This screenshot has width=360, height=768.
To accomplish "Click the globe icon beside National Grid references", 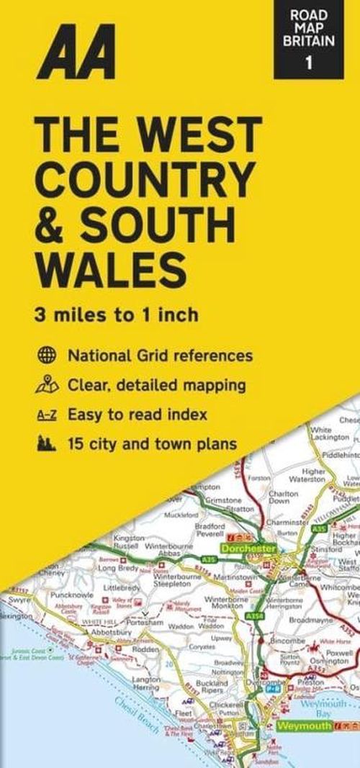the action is [x=46, y=356].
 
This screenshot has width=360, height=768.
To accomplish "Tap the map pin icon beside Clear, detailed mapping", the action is [x=46, y=385].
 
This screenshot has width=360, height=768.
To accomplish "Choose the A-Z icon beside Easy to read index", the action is [x=46, y=415].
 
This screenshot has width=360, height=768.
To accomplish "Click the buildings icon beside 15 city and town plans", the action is [x=46, y=445].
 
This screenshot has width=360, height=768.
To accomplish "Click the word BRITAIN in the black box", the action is [x=309, y=41].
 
